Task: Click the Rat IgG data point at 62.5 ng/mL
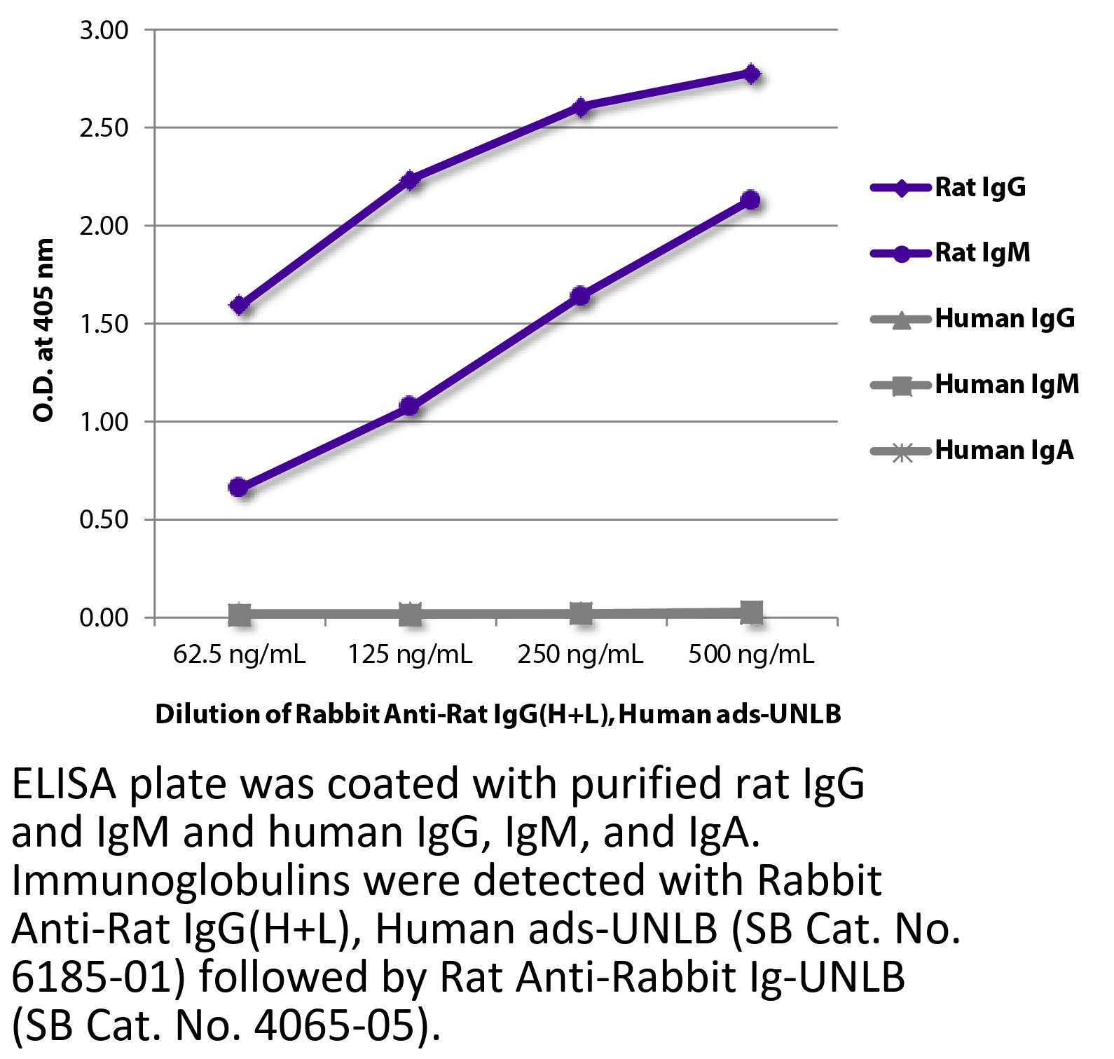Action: tap(240, 305)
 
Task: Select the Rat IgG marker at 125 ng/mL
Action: tap(410, 180)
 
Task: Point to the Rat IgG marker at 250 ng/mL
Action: tap(581, 107)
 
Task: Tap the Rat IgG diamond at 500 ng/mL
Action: tap(751, 74)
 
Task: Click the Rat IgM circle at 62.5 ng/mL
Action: tap(239, 487)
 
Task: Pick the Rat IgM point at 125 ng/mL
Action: tap(410, 406)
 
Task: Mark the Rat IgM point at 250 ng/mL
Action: tap(580, 296)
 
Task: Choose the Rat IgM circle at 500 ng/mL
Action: tap(751, 200)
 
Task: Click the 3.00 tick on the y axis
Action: tap(104, 30)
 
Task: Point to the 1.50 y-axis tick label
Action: tap(104, 324)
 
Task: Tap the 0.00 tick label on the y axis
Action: tap(104, 617)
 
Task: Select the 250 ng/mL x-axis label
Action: tap(580, 655)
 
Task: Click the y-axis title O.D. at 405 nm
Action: tap(43, 330)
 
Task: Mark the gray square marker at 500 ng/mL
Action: tap(751, 612)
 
